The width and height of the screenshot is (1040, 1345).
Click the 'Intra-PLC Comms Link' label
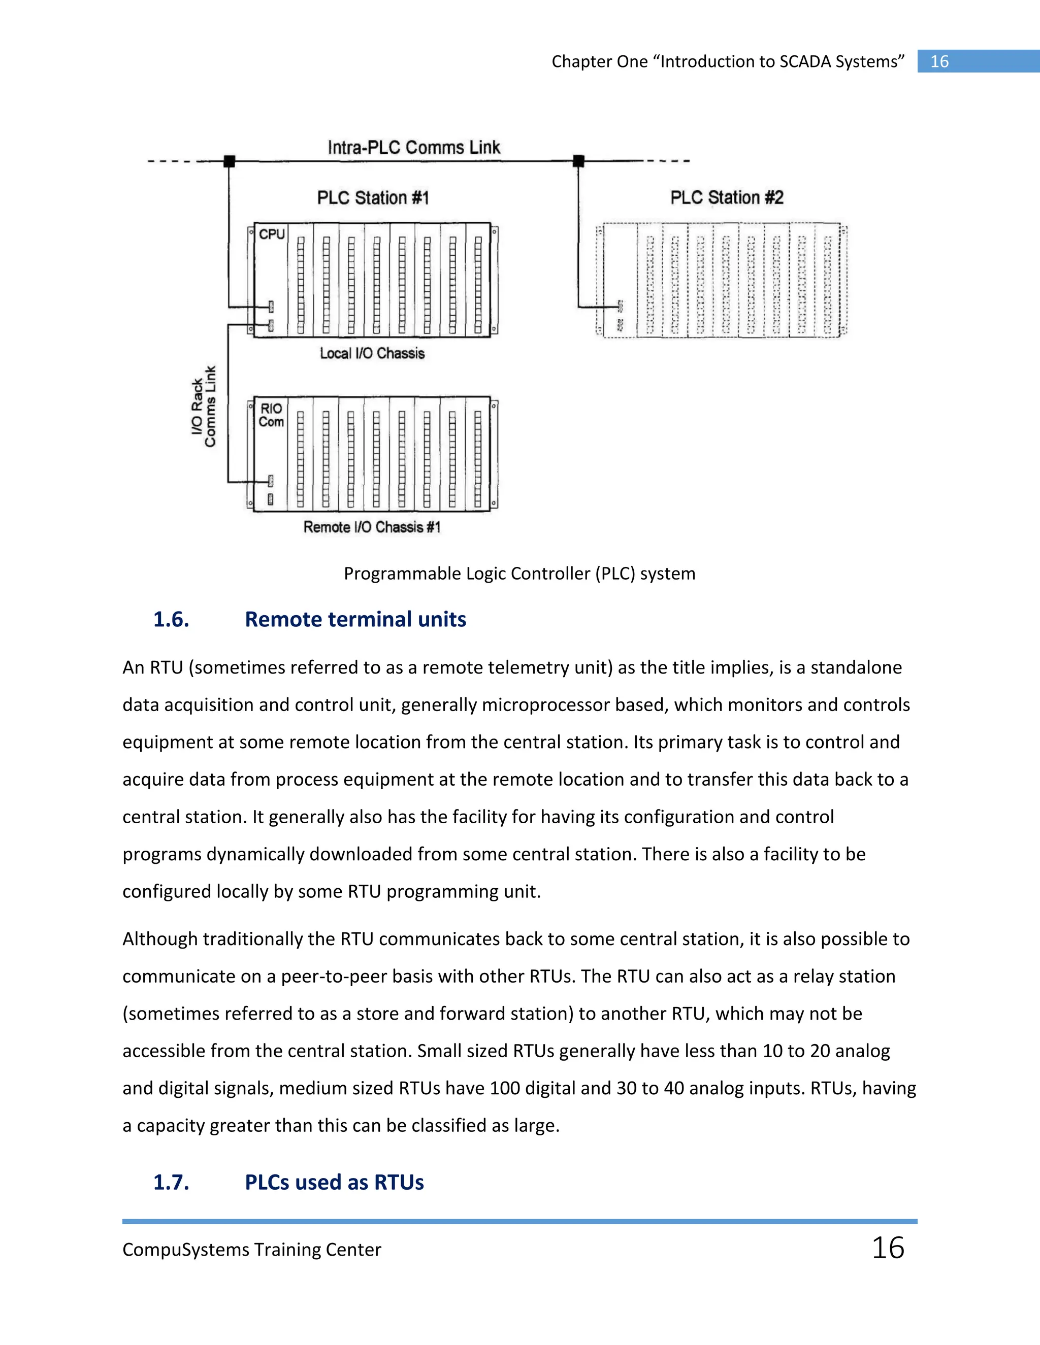point(413,148)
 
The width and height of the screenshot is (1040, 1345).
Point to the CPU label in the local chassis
point(272,234)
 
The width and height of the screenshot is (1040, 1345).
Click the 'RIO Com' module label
point(271,415)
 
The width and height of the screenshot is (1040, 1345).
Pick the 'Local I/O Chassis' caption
point(372,353)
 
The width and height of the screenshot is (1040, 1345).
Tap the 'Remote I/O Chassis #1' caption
point(372,527)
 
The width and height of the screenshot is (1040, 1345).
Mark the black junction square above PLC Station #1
point(229,161)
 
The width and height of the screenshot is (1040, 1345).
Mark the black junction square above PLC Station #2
point(578,161)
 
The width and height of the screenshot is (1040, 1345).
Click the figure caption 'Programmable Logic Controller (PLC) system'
point(519,574)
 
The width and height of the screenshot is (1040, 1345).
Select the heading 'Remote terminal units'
point(355,620)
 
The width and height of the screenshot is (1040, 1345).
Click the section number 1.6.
point(171,620)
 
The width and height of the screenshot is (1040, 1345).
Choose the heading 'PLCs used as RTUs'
point(334,1183)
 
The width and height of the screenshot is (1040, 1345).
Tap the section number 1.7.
point(171,1183)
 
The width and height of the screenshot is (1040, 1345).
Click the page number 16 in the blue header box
point(939,61)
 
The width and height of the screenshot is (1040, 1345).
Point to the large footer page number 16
point(887,1249)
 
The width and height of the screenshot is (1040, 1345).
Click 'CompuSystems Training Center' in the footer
point(251,1250)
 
